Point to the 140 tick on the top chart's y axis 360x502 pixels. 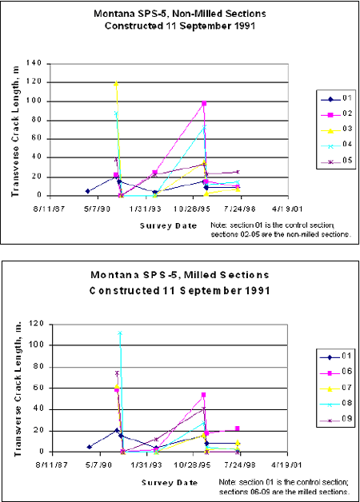click(36, 62)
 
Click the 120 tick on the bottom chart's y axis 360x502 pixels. click(36, 325)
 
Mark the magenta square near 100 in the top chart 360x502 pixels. click(204, 103)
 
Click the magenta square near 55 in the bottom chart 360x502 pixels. click(204, 395)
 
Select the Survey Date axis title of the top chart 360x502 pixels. click(167, 225)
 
